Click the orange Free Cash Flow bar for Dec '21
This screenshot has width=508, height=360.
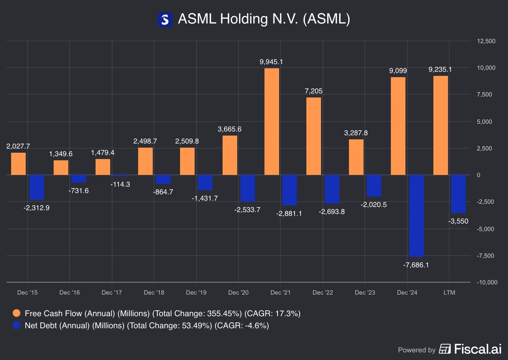(272, 121)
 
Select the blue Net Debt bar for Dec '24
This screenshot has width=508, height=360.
(416, 216)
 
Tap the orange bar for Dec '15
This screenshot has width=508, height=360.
(18, 164)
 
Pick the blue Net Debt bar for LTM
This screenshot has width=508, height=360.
(458, 194)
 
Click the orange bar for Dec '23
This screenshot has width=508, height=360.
(356, 157)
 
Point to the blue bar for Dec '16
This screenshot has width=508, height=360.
(79, 179)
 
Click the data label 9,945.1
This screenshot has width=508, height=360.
(271, 62)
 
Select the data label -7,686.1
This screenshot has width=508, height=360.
(416, 265)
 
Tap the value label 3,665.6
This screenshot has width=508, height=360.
(229, 129)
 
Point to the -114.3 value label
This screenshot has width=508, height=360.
(120, 184)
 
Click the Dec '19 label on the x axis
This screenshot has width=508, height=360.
(196, 292)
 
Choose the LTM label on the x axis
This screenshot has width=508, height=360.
(449, 292)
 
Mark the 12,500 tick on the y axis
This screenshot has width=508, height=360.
(486, 41)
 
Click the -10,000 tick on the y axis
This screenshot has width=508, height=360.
(487, 282)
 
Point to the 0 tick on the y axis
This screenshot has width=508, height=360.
(478, 175)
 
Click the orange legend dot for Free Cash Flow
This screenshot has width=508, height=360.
(17, 313)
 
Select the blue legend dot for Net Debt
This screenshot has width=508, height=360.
(17, 325)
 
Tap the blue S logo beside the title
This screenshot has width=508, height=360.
(165, 20)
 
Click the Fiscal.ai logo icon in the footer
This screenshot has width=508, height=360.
(444, 349)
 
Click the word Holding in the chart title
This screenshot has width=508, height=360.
(244, 19)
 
